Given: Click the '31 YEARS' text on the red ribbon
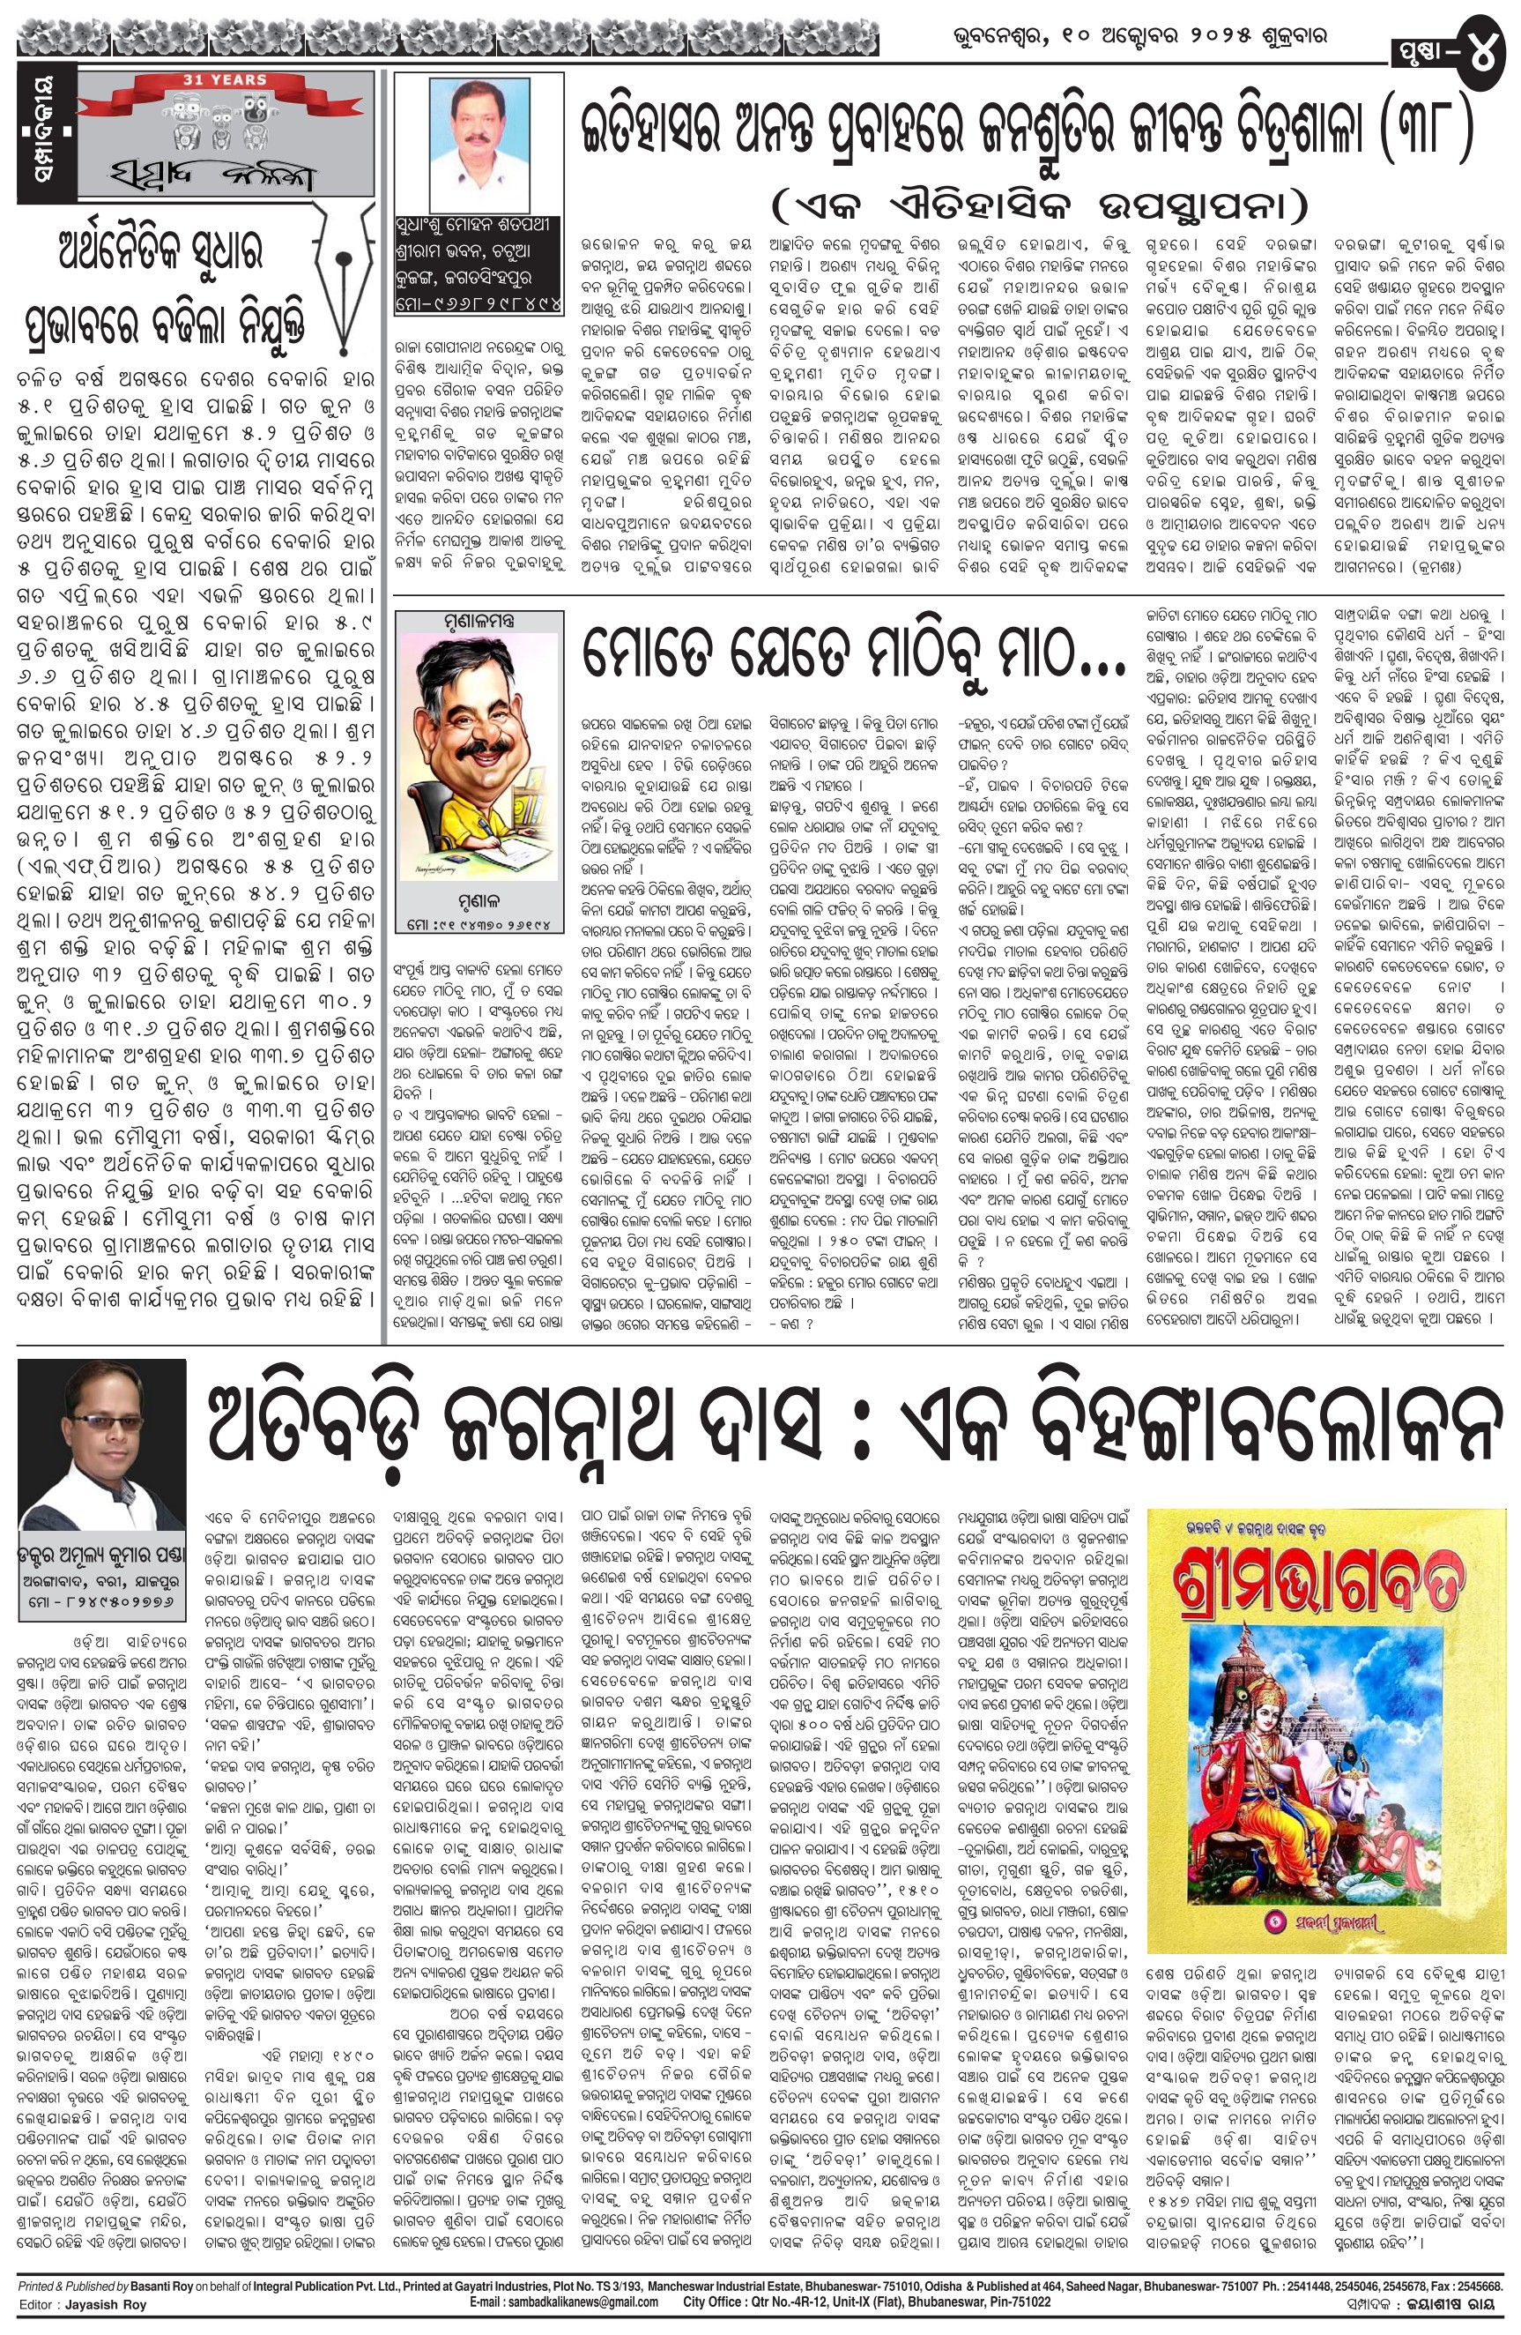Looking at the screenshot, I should [x=225, y=78].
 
